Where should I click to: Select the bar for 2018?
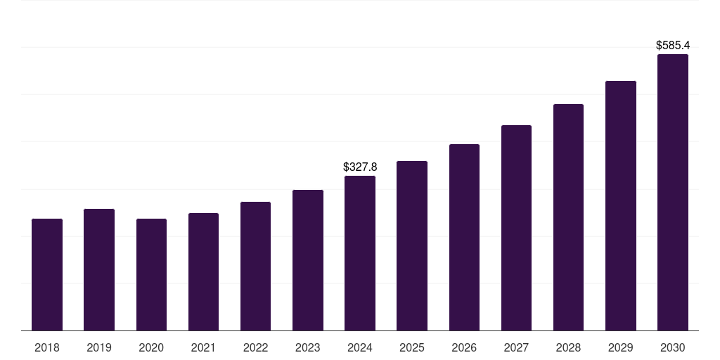coord(47,275)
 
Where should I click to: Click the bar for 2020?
coord(151,275)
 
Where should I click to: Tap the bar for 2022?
coord(255,266)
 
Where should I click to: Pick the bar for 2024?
coord(360,253)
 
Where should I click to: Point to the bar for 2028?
coord(568,217)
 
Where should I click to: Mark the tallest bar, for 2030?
coord(673,193)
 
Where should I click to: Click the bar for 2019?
coord(99,270)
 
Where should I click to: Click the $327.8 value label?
coord(360,167)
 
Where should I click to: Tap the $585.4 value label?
coord(673,46)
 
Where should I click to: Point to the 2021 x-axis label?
coord(203,348)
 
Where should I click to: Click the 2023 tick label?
coord(308,348)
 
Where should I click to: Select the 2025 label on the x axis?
coord(412,348)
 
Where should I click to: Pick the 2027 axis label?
coord(516,348)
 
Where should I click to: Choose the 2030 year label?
coord(673,348)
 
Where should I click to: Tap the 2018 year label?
coord(47,348)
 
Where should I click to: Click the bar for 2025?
coord(412,246)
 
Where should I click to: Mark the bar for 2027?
coord(516,228)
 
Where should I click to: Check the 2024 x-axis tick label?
coord(360,348)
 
